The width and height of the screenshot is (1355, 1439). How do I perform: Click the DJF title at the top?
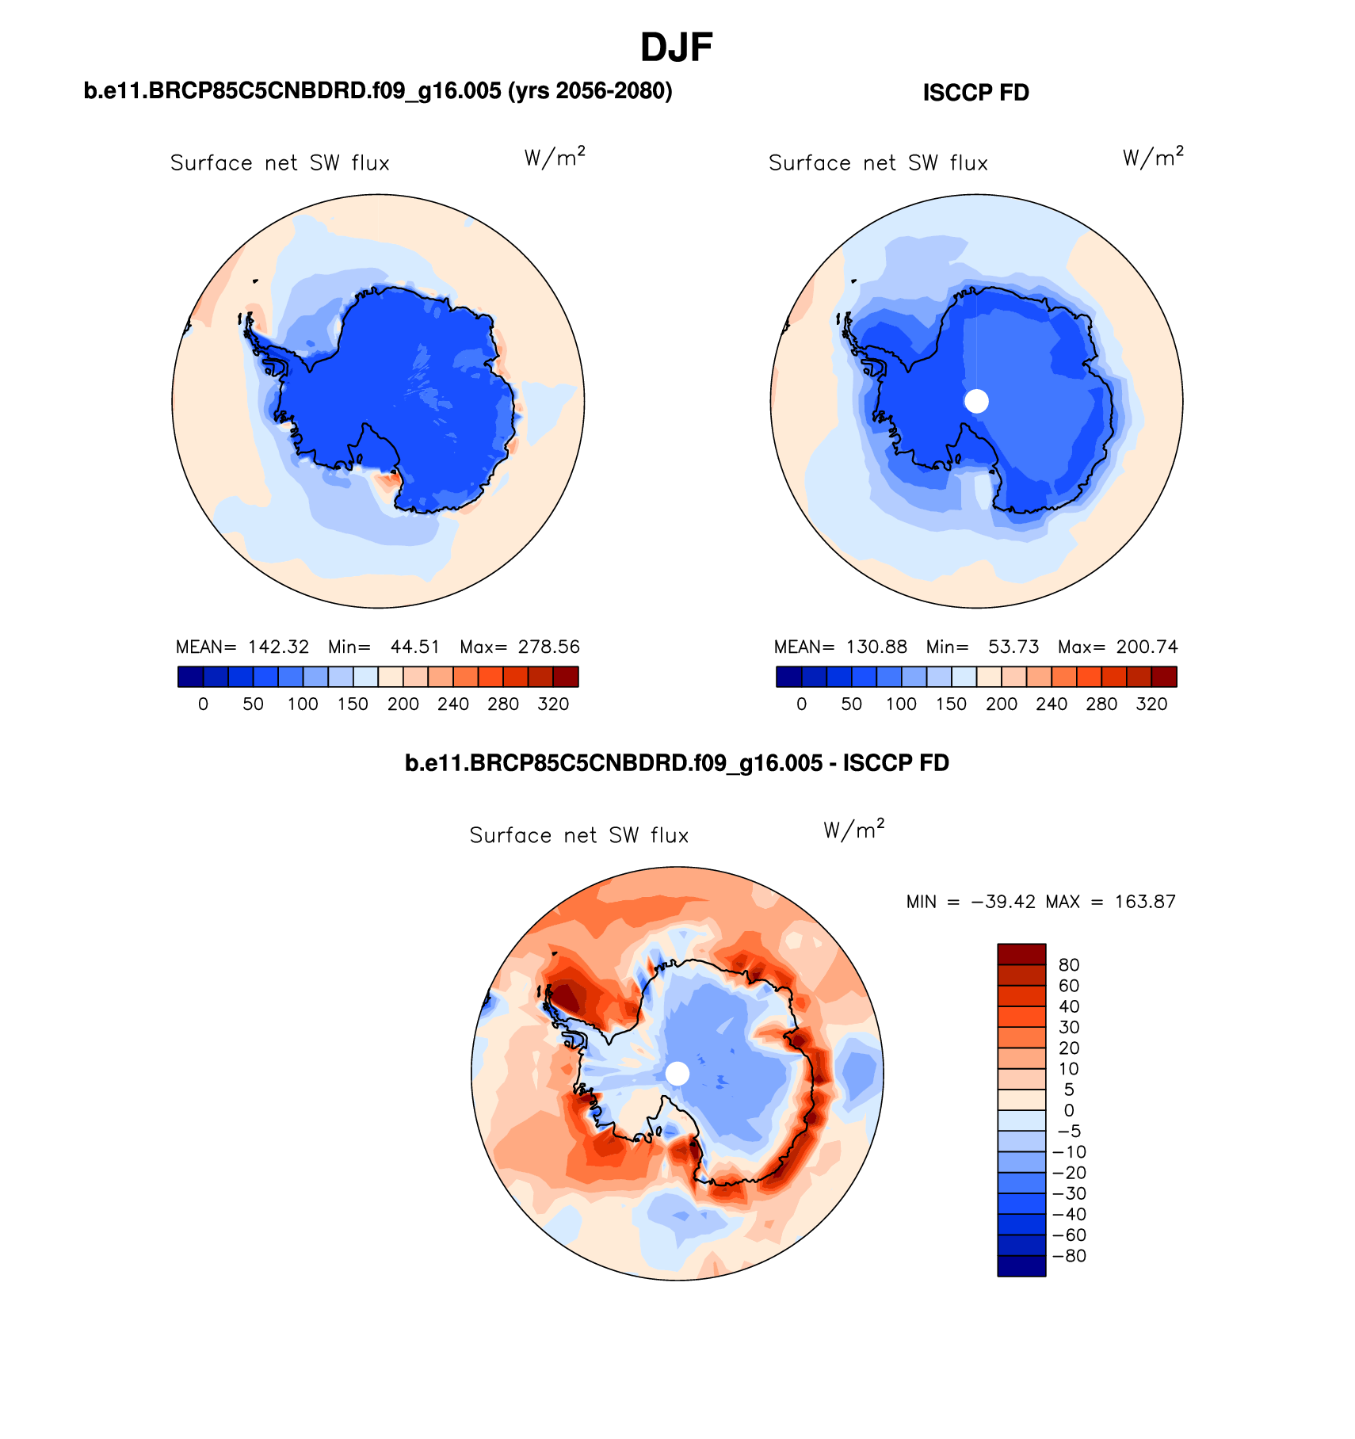point(676,48)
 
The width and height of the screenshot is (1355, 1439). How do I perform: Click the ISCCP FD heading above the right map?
point(975,93)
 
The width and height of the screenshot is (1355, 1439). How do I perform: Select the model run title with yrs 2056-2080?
point(378,91)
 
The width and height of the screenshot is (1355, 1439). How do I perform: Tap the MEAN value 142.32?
point(278,647)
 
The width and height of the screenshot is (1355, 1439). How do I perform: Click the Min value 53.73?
point(1013,647)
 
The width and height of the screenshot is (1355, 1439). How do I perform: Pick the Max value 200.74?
point(1147,647)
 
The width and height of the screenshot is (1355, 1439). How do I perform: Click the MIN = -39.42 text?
point(971,902)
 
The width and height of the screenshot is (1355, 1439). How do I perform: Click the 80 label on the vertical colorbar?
point(1069,965)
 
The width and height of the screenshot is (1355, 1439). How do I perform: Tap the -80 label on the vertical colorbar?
point(1069,1256)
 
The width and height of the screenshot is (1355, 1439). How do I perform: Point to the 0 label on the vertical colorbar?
point(1069,1111)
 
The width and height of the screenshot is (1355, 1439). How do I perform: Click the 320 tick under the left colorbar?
point(553,704)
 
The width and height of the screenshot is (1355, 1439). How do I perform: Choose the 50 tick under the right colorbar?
point(851,704)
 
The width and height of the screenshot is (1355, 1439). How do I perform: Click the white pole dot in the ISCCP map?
point(976,401)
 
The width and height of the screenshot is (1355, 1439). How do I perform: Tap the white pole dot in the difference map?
point(677,1074)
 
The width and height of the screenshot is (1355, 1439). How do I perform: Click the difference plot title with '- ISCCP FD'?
point(677,763)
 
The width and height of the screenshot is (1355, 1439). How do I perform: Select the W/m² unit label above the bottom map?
point(853,830)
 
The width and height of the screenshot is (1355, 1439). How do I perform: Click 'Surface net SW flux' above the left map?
point(280,163)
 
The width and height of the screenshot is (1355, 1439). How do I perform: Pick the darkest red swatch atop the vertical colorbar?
point(1021,953)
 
